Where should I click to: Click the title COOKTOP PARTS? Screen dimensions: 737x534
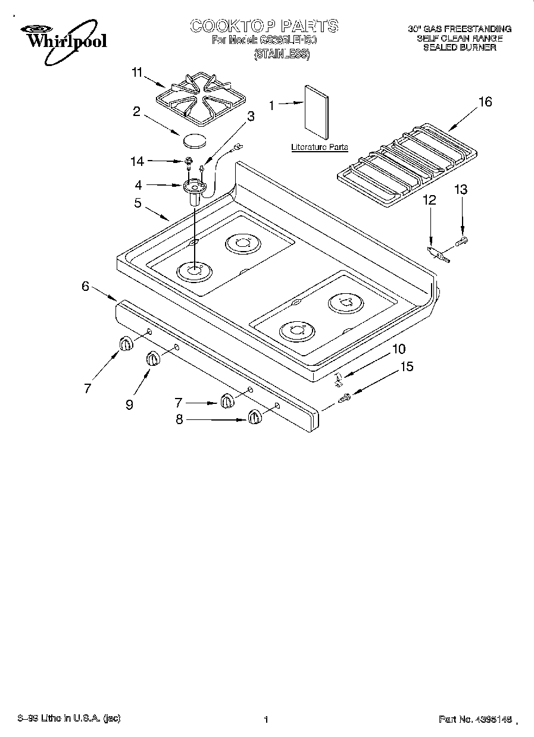[x=264, y=26]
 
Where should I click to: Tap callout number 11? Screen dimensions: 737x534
[x=138, y=73]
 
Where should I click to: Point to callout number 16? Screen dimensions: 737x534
[x=485, y=102]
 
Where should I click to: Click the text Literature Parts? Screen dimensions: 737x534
[x=319, y=147]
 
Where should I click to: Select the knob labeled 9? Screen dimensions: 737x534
[x=153, y=359]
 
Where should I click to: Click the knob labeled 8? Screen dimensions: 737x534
[x=255, y=417]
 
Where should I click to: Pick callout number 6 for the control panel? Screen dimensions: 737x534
[x=86, y=286]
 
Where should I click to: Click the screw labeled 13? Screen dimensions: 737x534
[x=463, y=241]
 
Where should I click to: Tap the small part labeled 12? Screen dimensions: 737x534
[x=438, y=255]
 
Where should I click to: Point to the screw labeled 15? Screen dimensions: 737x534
[x=345, y=399]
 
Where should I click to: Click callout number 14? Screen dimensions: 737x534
[x=138, y=161]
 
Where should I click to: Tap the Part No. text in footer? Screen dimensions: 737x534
[x=474, y=719]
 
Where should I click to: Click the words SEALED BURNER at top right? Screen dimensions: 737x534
[x=459, y=48]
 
